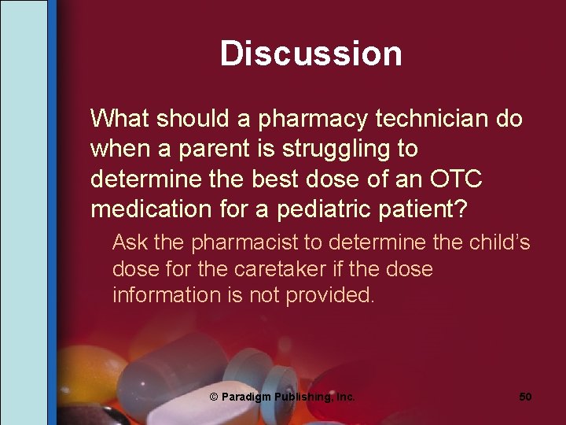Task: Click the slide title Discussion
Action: (311, 54)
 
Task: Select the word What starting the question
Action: (120, 119)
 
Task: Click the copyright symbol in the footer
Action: (214, 397)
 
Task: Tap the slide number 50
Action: (525, 397)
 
